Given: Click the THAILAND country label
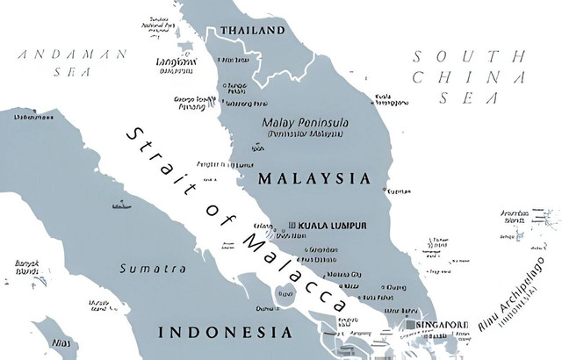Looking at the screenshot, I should (253, 31).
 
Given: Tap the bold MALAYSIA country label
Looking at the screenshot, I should (314, 178).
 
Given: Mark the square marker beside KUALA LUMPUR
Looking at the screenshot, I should (292, 226).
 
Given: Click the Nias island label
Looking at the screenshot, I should (60, 342).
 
